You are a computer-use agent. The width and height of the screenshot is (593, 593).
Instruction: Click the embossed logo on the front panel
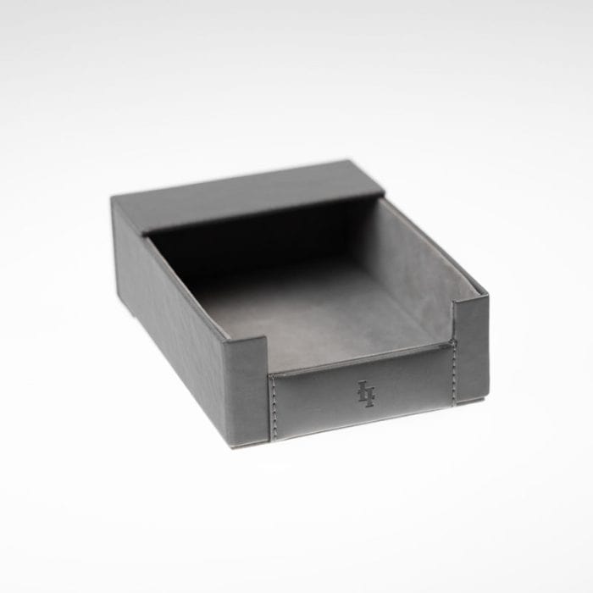coord(365,393)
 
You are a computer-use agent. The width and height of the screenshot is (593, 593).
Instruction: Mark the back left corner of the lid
coord(113,199)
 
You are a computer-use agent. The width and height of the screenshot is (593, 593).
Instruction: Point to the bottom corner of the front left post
coord(230,444)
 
